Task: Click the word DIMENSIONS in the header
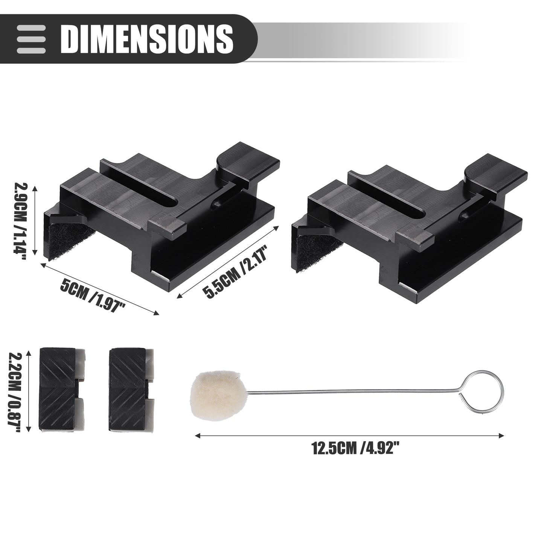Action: [147, 39]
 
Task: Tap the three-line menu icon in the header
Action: [31, 39]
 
